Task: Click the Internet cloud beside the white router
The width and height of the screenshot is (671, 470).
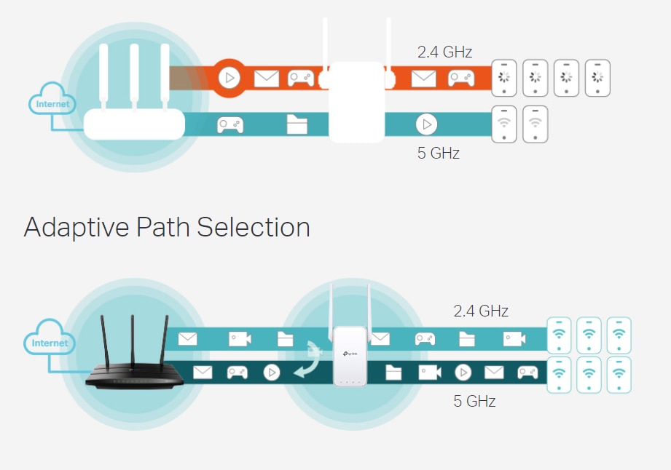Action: [53, 104]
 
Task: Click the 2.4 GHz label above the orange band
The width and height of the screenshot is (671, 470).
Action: [444, 52]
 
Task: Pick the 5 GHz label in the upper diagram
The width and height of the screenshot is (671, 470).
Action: [438, 154]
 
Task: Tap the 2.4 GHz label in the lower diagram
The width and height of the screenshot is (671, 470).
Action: [481, 311]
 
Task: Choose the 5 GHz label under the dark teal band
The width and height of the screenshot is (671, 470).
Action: [474, 401]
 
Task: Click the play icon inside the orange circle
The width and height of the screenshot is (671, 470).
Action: [229, 77]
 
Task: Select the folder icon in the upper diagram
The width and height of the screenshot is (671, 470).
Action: [297, 124]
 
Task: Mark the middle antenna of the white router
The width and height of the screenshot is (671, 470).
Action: [134, 76]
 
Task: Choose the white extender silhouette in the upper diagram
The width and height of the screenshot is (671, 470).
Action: [356, 101]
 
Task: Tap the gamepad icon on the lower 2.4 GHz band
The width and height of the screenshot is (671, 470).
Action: [425, 339]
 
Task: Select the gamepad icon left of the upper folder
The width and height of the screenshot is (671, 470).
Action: [230, 125]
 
